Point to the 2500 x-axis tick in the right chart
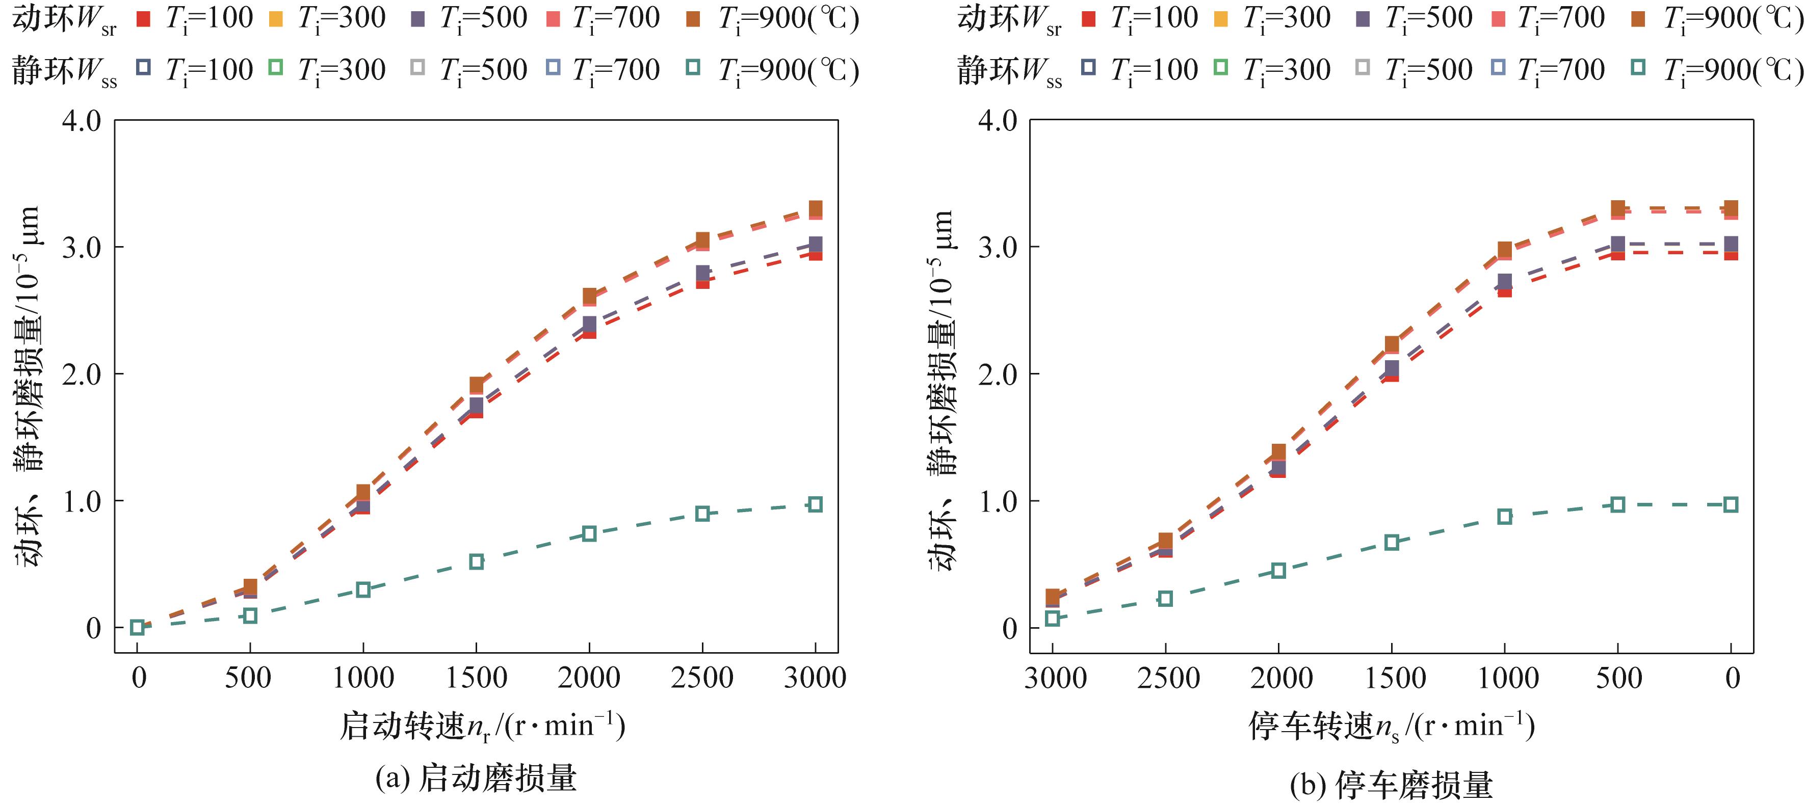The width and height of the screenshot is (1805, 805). point(1168,678)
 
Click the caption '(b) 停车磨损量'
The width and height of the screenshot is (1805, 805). point(1391,785)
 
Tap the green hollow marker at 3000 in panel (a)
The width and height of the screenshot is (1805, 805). point(815,504)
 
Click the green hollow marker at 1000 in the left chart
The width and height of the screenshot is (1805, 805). point(363,589)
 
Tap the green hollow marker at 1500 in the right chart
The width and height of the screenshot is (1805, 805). point(1392,542)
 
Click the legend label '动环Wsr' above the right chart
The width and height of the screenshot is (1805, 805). point(1009,19)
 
